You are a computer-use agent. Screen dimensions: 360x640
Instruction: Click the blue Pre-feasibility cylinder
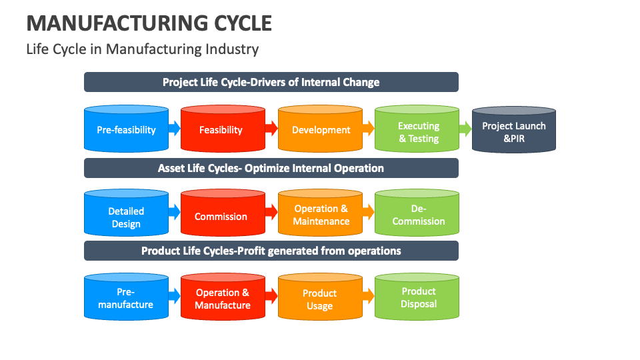(x=126, y=129)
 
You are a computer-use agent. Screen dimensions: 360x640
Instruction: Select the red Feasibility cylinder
(x=221, y=129)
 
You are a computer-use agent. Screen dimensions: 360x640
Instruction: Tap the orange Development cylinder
(x=321, y=129)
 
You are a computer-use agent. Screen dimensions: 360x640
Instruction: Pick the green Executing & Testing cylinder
(x=418, y=131)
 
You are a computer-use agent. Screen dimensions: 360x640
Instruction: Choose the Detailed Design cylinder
(x=126, y=216)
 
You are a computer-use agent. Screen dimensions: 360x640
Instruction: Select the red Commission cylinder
(x=221, y=216)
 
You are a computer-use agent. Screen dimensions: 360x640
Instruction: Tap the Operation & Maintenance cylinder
(x=321, y=215)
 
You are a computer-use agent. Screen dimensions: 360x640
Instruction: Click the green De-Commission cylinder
(x=418, y=215)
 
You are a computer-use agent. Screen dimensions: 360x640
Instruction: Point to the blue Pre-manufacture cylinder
(x=126, y=299)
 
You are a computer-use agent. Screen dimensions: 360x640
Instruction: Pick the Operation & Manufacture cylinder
(x=222, y=299)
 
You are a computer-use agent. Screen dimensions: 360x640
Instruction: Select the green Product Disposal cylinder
(x=418, y=297)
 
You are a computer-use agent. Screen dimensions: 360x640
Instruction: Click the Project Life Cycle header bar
(x=271, y=82)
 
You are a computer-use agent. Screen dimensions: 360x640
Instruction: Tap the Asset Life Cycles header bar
(x=271, y=168)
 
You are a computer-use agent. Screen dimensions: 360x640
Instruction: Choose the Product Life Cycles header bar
(x=271, y=251)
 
